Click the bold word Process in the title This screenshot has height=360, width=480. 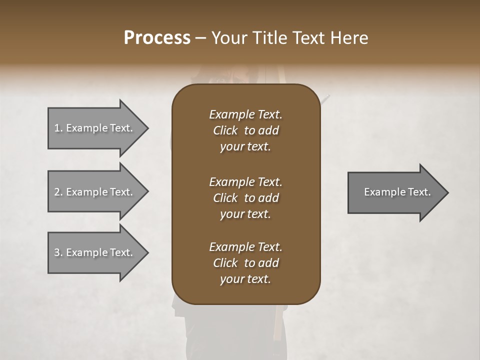point(157,38)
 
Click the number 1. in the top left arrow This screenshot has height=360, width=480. point(58,128)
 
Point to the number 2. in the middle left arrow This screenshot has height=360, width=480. point(58,192)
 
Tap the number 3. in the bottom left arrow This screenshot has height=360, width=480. point(58,252)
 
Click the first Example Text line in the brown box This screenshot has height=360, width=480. point(245,114)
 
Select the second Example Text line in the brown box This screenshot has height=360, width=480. point(245,181)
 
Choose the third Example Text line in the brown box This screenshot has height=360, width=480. point(245,247)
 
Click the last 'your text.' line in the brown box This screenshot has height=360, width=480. point(245,279)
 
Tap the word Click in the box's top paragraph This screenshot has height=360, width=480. point(225,130)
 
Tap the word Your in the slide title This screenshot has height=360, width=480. point(228,38)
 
